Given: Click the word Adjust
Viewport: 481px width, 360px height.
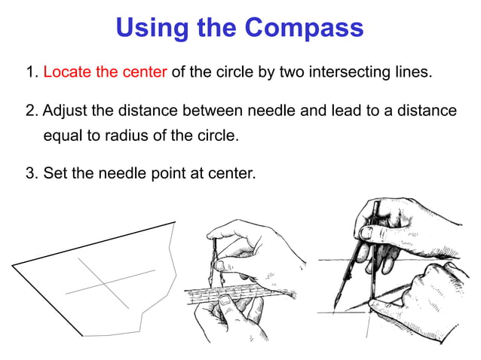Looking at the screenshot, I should tap(63, 111).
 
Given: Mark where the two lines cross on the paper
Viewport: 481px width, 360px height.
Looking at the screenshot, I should tap(104, 282).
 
